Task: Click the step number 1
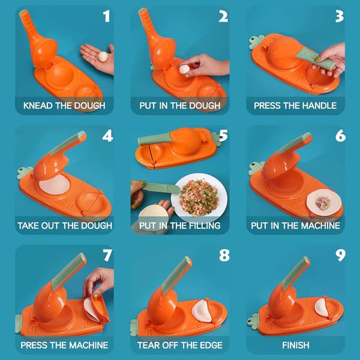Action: pyautogui.click(x=106, y=16)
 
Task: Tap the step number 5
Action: pyautogui.click(x=223, y=136)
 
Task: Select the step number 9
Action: pyautogui.click(x=340, y=256)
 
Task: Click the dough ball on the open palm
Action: pyautogui.click(x=103, y=56)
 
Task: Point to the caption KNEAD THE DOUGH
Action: pyautogui.click(x=64, y=106)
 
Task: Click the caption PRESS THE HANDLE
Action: pyautogui.click(x=295, y=106)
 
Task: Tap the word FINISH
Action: pyautogui.click(x=295, y=346)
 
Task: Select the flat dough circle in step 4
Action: pyautogui.click(x=54, y=184)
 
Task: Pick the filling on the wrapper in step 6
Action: pyautogui.click(x=323, y=203)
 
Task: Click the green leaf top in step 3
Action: pyautogui.click(x=256, y=42)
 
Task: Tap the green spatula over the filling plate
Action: pyautogui.click(x=161, y=188)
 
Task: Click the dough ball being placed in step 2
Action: pyautogui.click(x=184, y=69)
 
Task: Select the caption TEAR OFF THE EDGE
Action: pyautogui.click(x=180, y=346)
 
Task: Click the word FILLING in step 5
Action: pyautogui.click(x=205, y=226)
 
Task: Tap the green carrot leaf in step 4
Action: pyautogui.click(x=24, y=173)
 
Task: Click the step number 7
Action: pyautogui.click(x=107, y=256)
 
